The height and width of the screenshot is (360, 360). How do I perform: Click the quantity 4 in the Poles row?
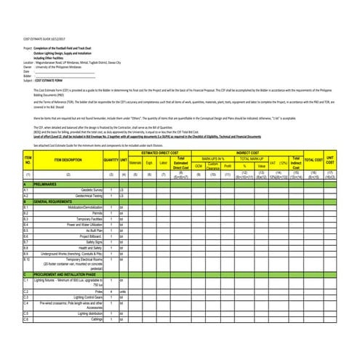point(111,291)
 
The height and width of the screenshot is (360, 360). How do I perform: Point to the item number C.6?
point(26,319)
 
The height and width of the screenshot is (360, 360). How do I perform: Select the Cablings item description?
point(89,319)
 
